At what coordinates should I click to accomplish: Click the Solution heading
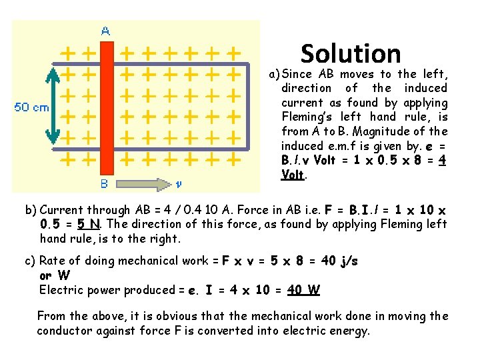(351, 53)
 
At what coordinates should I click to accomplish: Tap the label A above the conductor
(105, 31)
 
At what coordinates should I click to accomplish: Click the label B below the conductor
(104, 183)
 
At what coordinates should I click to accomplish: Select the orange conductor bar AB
(106, 107)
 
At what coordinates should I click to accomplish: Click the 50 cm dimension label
(31, 107)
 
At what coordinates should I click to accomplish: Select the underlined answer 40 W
(303, 290)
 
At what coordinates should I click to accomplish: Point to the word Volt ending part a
(293, 175)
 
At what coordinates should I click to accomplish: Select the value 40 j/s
(339, 261)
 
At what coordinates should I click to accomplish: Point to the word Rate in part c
(53, 261)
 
